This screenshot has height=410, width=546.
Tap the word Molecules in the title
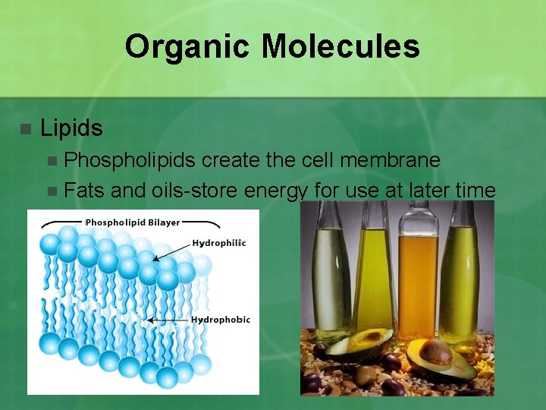click(x=340, y=46)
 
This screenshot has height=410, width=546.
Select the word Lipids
click(x=71, y=128)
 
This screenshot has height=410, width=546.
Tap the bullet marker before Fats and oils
click(x=52, y=191)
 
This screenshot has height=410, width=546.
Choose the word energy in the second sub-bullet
click(x=266, y=191)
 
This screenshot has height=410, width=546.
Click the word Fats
click(x=84, y=191)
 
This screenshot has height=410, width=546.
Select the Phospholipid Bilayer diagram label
click(x=132, y=222)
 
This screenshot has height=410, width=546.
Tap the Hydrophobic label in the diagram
click(x=220, y=320)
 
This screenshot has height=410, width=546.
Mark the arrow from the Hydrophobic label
click(x=168, y=320)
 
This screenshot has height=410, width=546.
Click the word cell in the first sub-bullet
click(x=300, y=160)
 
